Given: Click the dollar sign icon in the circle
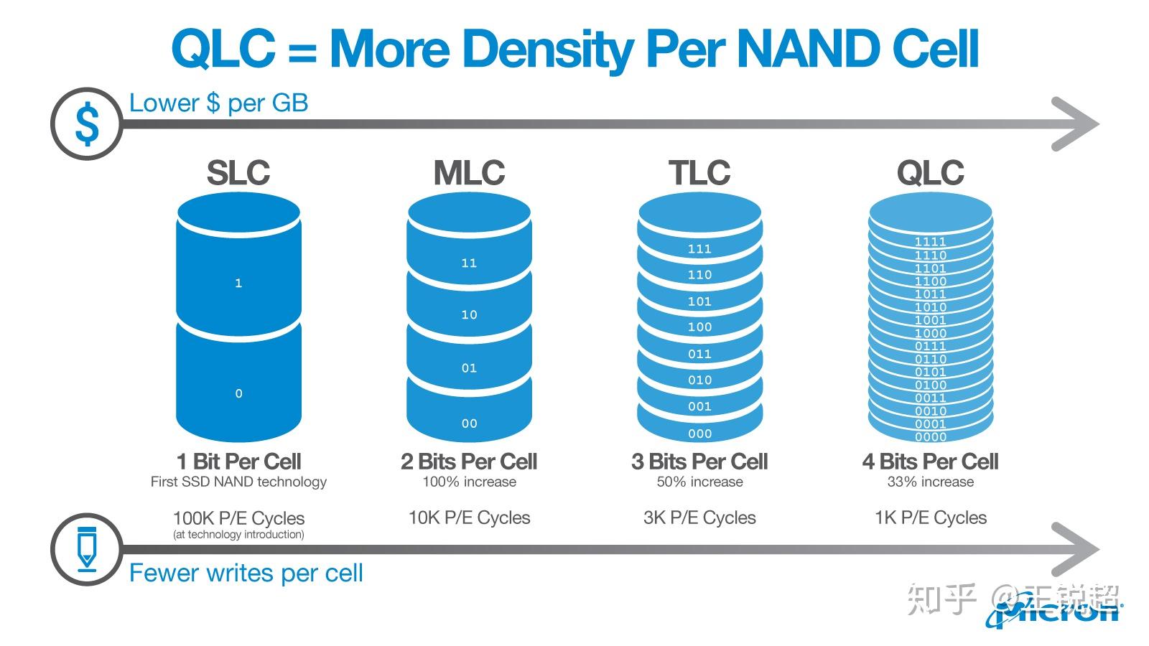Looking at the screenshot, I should pos(87,123).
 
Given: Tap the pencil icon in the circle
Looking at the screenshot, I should pos(86,549).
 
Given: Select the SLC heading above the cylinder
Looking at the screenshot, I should pos(238,173).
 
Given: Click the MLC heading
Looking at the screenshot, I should pos(469,173).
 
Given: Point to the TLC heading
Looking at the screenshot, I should pos(699,173).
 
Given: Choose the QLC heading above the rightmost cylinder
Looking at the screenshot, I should pos(930,173).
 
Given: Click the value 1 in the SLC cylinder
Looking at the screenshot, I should pos(238,284).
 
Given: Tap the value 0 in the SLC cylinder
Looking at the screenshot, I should pos(238,393).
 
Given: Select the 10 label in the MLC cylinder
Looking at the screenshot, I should pos(469,314).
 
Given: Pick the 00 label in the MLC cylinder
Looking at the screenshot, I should pos(469,423).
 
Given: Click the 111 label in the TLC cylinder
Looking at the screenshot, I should pos(699,249).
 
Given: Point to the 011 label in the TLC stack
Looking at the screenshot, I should pos(699,354).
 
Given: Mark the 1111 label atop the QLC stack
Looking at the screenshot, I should pos(930,242).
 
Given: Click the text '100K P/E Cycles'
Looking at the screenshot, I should pos(238,518).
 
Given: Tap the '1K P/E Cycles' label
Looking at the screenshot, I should pos(930,518).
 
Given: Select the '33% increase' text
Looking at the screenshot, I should pos(930,482).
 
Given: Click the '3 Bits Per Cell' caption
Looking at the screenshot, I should pos(699,462).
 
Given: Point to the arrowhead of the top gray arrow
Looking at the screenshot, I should pos(1077,123).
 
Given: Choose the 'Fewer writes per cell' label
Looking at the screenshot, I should pos(246,573).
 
